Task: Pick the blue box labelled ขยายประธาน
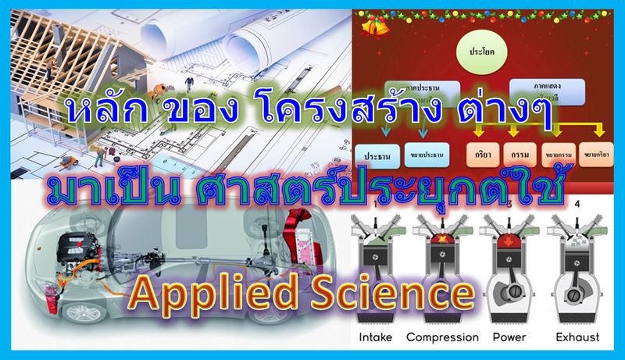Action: tap(426, 156)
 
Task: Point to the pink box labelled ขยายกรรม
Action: tap(560, 155)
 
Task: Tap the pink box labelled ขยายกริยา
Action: tap(598, 155)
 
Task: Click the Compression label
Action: tap(441, 337)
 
